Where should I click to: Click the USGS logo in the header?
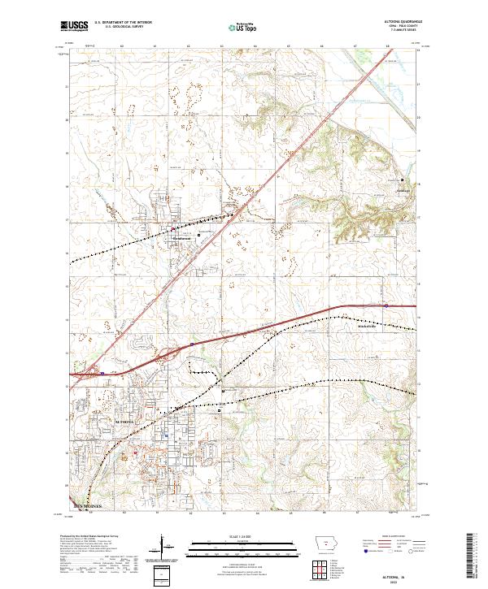[73, 26]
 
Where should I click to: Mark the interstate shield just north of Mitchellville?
[386, 305]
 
